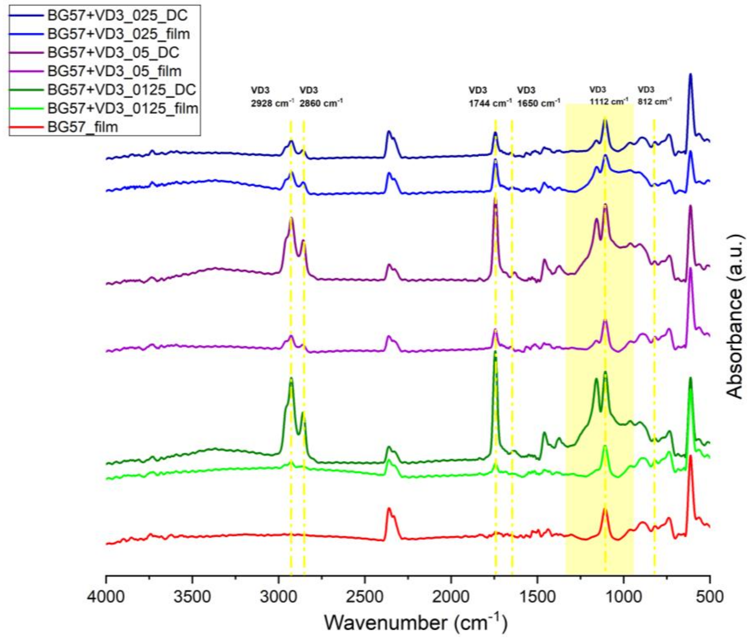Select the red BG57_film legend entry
[83, 127]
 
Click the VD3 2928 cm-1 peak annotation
[272, 97]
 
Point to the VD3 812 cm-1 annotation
[654, 95]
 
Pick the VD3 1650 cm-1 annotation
[538, 97]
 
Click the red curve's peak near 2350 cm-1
[389, 508]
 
